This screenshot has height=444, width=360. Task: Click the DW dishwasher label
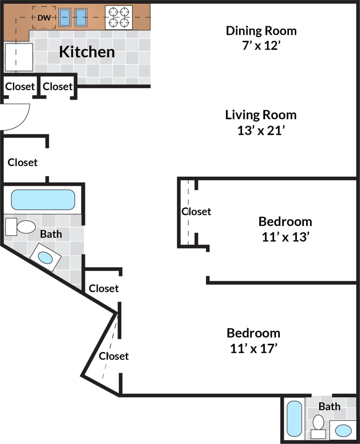[44, 17]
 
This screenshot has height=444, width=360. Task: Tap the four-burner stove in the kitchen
[118, 17]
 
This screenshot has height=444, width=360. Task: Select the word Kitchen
[87, 52]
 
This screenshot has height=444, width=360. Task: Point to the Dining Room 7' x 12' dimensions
[261, 46]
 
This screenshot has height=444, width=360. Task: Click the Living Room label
[261, 115]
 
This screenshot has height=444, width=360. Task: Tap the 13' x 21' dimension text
[261, 131]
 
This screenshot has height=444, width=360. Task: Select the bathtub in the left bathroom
[43, 200]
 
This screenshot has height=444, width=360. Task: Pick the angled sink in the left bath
[46, 258]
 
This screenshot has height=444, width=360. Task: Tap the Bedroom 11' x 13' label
[285, 229]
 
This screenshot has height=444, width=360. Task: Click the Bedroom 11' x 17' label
[254, 340]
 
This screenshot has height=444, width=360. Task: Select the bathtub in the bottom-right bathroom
[294, 419]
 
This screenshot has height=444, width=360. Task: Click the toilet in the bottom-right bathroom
[318, 426]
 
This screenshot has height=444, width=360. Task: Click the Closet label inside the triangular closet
[114, 356]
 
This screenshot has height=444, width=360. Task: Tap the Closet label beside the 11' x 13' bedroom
[196, 211]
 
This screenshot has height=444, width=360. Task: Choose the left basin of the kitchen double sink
[65, 17]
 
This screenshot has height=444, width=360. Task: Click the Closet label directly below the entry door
[23, 162]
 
